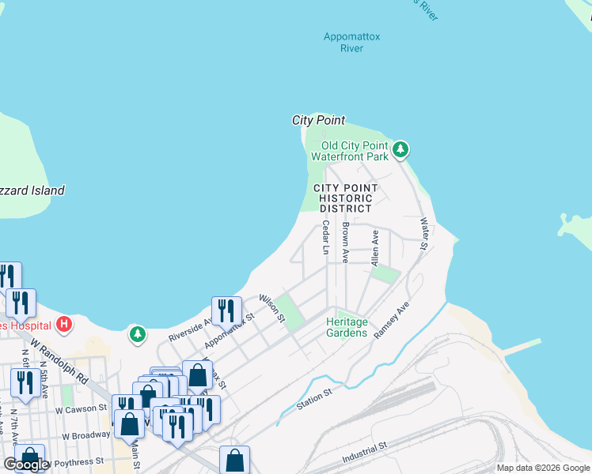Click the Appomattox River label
351,43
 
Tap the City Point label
318,120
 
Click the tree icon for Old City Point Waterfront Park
401,149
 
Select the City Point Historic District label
345,198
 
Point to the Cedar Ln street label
325,237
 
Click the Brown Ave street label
346,243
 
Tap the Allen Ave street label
375,247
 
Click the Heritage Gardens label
347,327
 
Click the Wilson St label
272,308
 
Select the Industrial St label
364,453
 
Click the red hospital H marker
64,324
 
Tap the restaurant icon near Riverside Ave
227,310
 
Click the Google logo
26,465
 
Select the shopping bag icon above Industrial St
234,459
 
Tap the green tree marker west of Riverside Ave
138,334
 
